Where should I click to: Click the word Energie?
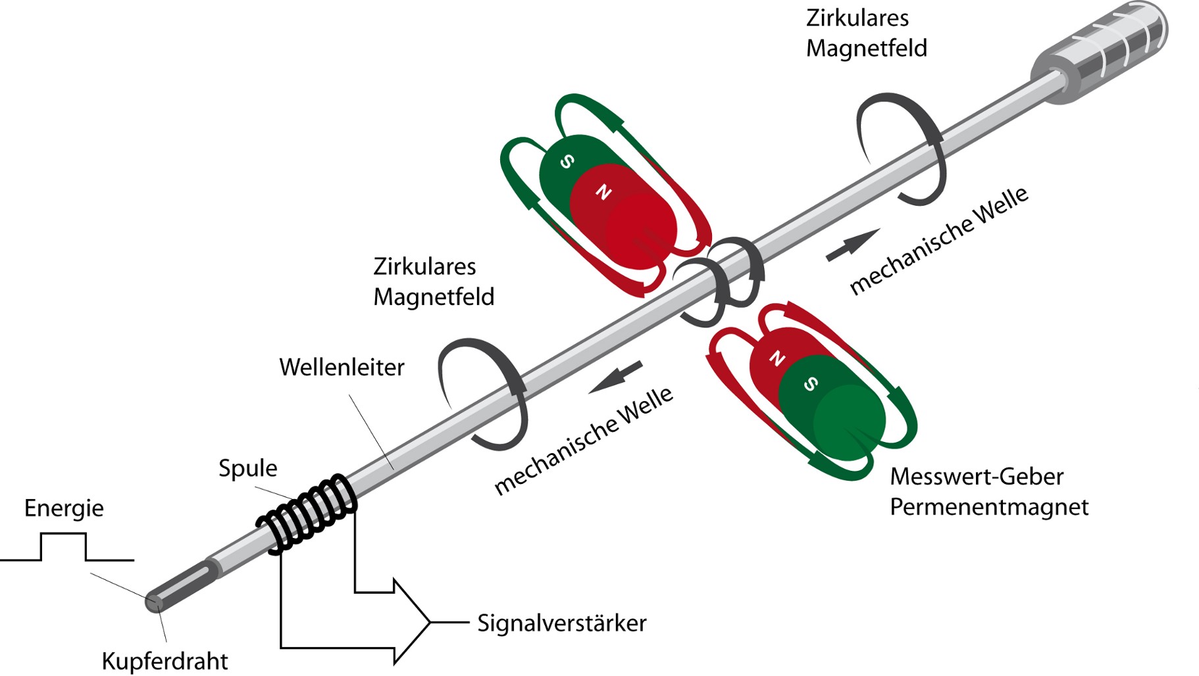click(64, 508)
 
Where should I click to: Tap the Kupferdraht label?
click(165, 661)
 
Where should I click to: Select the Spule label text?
click(247, 468)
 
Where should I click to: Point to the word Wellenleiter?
click(342, 367)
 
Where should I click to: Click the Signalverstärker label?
click(561, 623)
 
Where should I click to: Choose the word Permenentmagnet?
click(988, 507)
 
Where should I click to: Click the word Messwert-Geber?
click(976, 476)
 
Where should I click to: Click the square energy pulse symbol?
click(64, 547)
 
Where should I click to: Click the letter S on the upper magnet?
click(567, 161)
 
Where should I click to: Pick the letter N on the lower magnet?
click(777, 358)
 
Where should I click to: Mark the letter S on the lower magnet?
click(811, 384)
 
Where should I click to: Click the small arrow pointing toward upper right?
click(853, 245)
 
